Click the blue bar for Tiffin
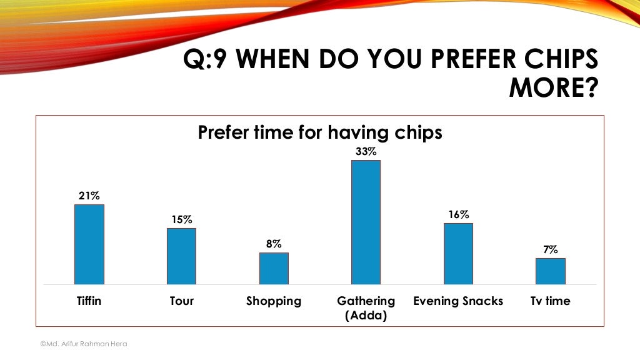coord(89,244)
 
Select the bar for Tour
coord(181,256)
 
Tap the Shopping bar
coord(274,268)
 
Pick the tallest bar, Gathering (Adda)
coord(366,222)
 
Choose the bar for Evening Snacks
coord(458,254)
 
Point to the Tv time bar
coord(551,271)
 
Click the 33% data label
coord(366,152)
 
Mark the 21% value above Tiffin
coord(89,196)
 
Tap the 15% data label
coord(181,220)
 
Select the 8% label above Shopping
coord(274,244)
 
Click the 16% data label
coord(458,215)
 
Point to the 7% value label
coord(551,250)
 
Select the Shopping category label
coord(274,301)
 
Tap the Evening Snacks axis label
coord(458,301)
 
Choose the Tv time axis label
coord(551,301)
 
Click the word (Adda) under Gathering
coord(366,316)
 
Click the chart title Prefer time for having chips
coord(320,132)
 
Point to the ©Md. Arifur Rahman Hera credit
coord(83,344)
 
